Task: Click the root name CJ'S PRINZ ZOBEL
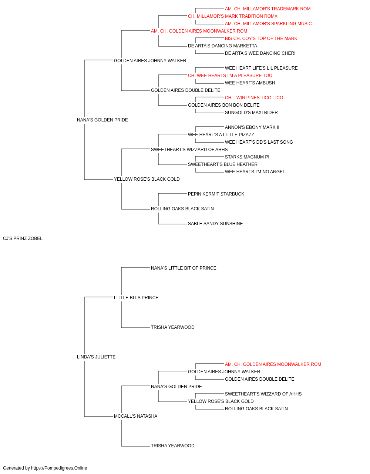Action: pos(23,238)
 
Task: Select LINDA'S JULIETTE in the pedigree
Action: pos(96,357)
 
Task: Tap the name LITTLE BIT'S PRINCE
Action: pos(136,297)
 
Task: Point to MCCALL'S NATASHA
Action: pos(135,416)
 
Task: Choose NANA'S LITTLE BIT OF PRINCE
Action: pos(184,268)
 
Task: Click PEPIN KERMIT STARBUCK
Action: pos(216,194)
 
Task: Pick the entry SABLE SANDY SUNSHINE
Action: pos(215,224)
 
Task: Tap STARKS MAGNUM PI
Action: pos(247,157)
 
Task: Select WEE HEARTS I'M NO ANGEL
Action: pos(255,172)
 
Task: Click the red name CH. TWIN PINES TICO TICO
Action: pos(254,98)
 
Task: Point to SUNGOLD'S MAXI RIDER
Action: pos(251,113)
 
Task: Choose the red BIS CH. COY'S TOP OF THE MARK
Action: pos(261,39)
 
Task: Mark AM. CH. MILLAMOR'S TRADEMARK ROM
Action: pos(268,9)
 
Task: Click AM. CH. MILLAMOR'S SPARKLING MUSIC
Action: pos(268,24)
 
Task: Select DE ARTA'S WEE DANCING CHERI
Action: pos(260,53)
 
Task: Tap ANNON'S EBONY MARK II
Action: pos(252,127)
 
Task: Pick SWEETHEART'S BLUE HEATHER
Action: pos(222,164)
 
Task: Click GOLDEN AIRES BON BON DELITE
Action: pos(223,105)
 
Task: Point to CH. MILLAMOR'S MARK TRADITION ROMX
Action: pos(232,16)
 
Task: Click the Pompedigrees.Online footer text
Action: pos(45,468)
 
